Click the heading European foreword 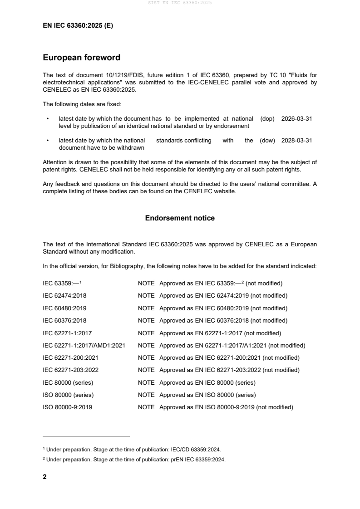[81, 58]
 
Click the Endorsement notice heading [180, 218]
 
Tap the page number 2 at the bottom [44, 477]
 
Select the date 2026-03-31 [296, 118]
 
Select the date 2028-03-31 [296, 141]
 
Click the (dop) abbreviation [267, 118]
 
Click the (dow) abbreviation [267, 141]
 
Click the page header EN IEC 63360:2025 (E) [78, 26]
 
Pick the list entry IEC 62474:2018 [64, 296]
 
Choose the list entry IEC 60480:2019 [64, 308]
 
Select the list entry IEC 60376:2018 [64, 320]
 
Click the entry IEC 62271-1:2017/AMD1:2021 [84, 345]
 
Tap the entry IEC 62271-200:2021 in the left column [70, 357]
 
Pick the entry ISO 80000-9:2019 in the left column [67, 407]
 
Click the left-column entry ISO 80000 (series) [68, 395]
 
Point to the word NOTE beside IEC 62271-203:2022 [146, 370]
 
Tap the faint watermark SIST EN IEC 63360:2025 [180, 3]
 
